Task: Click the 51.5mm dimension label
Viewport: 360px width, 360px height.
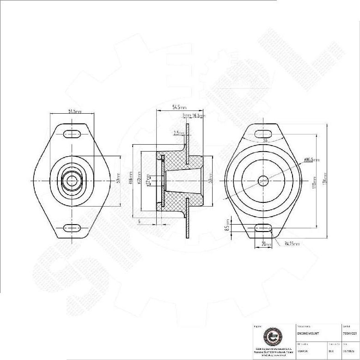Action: pos(74,111)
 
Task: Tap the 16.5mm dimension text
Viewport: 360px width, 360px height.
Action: pos(199,116)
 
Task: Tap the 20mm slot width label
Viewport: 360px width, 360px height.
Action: pos(267,244)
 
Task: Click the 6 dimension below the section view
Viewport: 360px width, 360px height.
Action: pos(139,221)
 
